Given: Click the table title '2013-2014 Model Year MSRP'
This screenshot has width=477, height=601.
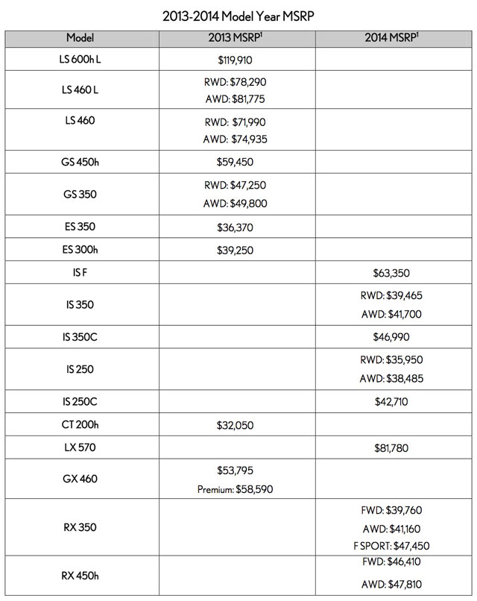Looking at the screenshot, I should pos(238,13).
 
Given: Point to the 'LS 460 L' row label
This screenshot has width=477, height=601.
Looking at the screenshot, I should pos(80,90).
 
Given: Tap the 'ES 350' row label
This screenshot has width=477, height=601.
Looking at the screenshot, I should pos(80,227).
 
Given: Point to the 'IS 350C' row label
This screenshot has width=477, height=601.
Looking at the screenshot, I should pos(80,337).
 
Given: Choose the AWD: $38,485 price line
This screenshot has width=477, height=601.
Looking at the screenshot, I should pos(393,379).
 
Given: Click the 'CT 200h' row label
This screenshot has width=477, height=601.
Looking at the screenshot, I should pos(80,427).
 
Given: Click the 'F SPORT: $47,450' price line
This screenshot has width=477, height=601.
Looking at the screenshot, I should pos(393,546).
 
